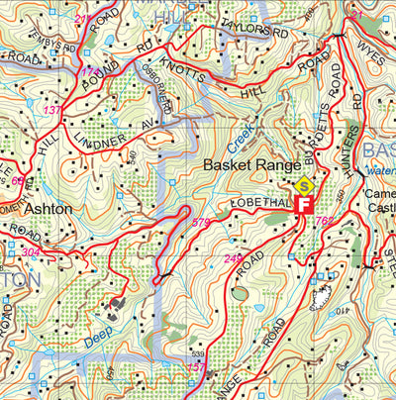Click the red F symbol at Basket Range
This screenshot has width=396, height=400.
click(x=305, y=204)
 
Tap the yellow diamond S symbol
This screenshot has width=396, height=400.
click(x=306, y=185)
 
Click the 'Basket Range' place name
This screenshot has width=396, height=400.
click(x=246, y=164)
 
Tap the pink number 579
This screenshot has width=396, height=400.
click(x=201, y=222)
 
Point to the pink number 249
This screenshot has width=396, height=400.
click(x=233, y=259)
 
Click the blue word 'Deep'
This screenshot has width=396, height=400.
click(x=96, y=340)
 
